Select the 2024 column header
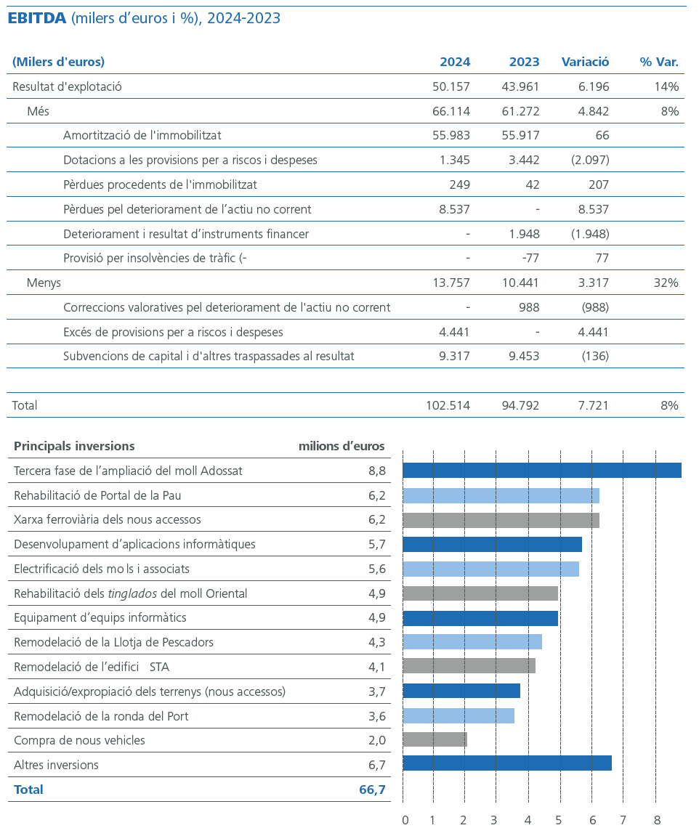coord(455,62)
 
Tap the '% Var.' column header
coord(658,62)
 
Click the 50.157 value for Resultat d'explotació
coord(451,87)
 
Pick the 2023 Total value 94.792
coord(520,405)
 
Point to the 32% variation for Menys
coord(666,283)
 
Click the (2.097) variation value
coord(591,160)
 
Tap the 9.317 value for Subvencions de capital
coord(456,356)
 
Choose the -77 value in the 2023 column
coord(529,258)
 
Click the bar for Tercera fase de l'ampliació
coord(541,471)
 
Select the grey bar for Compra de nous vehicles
coord(435,739)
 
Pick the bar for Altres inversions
coord(506,763)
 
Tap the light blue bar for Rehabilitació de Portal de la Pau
coord(501,495)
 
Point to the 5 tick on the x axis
coord(559,821)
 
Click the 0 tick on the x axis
coord(405,821)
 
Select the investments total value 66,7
coord(372,790)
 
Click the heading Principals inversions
coord(74,446)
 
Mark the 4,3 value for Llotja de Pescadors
coord(376,643)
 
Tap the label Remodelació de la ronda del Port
coord(101,716)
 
